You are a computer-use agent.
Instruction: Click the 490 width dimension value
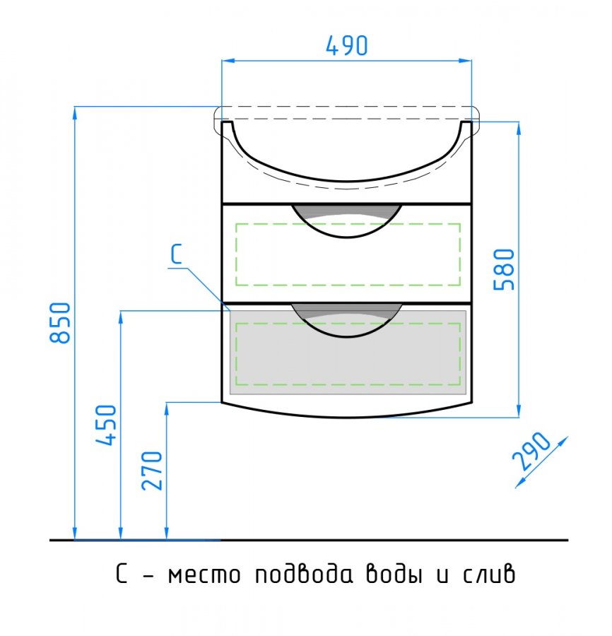(347, 46)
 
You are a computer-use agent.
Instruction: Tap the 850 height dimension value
(61, 322)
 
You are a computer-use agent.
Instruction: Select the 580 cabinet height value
(504, 270)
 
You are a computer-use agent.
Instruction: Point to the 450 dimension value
(106, 425)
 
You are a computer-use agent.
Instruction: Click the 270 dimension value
(152, 471)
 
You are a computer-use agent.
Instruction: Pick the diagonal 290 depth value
(531, 451)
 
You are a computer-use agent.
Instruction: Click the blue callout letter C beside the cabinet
(177, 254)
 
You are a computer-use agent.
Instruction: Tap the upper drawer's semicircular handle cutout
(347, 221)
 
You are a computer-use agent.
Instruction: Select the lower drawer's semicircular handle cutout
(347, 320)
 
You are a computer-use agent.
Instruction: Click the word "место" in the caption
(204, 575)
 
